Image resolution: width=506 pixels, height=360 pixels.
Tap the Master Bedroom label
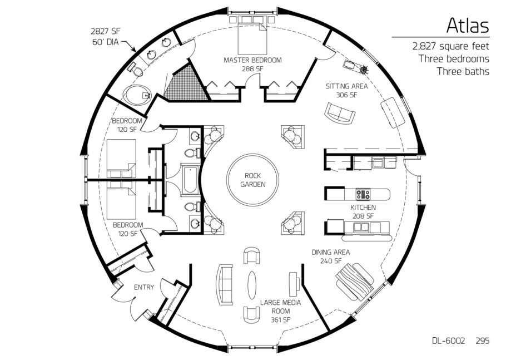[x=252, y=64]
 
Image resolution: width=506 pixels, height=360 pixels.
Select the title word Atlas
[x=468, y=26]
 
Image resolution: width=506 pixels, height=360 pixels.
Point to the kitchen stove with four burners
[x=363, y=194]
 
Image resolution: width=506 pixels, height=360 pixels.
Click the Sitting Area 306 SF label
[x=346, y=90]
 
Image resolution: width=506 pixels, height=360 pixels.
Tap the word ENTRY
[x=144, y=287]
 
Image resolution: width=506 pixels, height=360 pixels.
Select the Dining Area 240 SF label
[x=331, y=257]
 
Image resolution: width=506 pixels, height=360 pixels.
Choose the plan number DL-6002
[x=449, y=341]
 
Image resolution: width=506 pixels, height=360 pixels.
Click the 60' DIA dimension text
[x=105, y=42]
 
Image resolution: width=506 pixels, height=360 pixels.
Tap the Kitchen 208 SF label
[x=363, y=211]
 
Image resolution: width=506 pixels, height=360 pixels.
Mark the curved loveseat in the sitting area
[x=340, y=113]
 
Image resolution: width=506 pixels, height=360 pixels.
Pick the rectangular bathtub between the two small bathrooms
[x=190, y=180]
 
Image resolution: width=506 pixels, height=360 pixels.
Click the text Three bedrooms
[x=454, y=59]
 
